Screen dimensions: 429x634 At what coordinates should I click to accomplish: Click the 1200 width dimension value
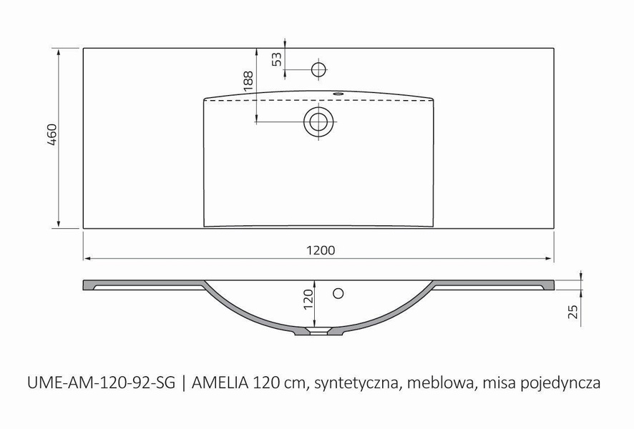pos(321,250)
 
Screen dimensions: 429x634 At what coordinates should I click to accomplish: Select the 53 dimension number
pos(277,59)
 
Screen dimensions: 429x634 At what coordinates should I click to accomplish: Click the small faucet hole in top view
pos(318,69)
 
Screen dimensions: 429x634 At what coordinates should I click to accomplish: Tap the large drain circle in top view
pos(318,121)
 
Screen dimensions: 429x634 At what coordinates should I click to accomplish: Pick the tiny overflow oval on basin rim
pos(338,94)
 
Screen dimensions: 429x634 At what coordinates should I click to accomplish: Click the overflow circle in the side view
pos(339,292)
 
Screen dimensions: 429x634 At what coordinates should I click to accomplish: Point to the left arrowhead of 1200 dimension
pos(87,257)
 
